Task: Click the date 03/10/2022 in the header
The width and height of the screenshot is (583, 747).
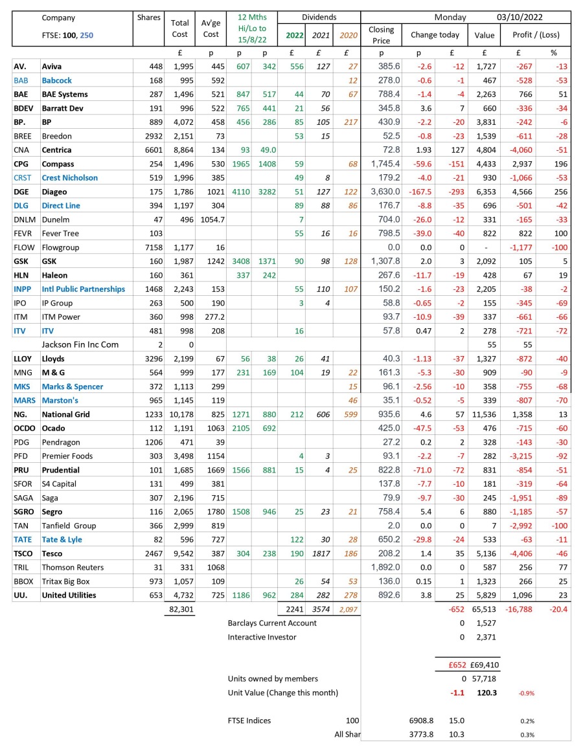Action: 520,17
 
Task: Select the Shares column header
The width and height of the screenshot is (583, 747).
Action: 148,17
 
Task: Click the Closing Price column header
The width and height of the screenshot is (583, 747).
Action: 381,34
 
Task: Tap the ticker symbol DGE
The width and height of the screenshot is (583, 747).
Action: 21,192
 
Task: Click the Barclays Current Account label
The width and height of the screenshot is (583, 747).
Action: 272,623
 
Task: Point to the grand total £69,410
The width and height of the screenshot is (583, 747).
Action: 483,664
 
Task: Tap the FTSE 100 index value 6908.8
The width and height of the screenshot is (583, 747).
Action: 422,720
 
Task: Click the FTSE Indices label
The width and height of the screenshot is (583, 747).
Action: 249,720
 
